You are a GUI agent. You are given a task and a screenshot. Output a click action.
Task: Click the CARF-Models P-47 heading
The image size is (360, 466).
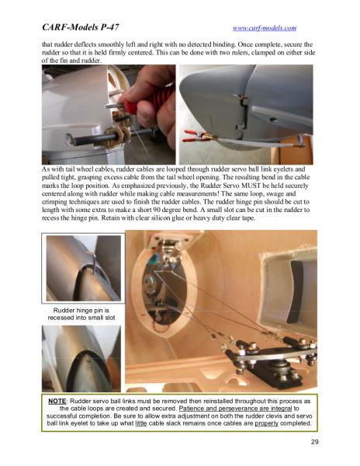(81, 27)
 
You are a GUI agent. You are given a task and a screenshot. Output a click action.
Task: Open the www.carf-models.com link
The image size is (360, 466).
(265, 28)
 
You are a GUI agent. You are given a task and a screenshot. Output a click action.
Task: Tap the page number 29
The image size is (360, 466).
(314, 442)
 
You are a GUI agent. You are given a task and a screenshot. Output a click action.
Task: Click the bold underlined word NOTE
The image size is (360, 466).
(57, 401)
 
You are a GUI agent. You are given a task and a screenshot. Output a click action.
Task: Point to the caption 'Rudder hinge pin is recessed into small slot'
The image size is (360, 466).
(81, 314)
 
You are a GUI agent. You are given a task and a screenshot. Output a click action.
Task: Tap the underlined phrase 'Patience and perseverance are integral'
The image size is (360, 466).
(236, 409)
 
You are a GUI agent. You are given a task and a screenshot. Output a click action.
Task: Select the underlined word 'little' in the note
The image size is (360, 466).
(141, 423)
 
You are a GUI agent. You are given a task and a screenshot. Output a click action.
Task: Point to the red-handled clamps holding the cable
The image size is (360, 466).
(196, 135)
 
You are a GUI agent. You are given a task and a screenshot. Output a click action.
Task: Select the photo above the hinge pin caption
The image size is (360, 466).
(83, 268)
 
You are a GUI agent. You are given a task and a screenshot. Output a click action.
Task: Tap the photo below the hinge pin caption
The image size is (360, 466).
(81, 358)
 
